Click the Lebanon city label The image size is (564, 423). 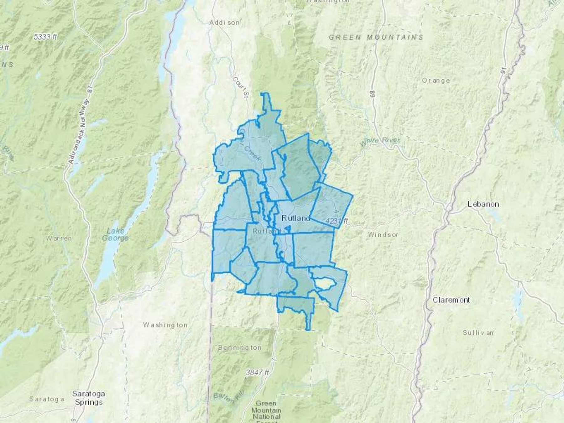483,204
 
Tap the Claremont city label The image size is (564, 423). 451,300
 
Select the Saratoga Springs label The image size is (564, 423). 89,398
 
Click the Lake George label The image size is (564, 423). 118,234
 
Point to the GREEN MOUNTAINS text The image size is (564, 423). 376,37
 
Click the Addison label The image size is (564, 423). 225,23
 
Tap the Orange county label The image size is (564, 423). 436,81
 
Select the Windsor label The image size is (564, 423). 383,234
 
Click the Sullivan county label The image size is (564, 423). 478,332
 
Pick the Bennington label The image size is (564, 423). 240,347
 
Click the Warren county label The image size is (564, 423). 59,238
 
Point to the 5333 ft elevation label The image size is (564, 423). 45,37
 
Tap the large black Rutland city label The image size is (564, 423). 296,218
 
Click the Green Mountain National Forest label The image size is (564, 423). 266,410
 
